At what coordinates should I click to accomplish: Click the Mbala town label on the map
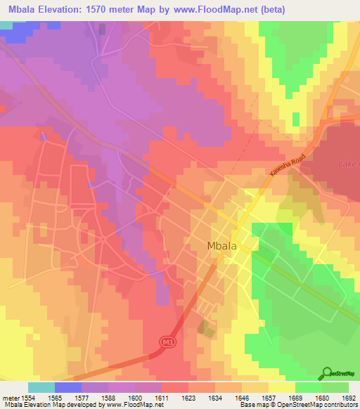coord(221,246)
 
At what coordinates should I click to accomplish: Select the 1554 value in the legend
coord(27,397)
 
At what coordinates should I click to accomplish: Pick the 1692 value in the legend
coord(347,397)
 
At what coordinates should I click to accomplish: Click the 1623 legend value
coord(187,397)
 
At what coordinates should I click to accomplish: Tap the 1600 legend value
coord(134,397)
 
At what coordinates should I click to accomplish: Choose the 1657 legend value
coord(267,397)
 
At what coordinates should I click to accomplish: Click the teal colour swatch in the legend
coord(41,387)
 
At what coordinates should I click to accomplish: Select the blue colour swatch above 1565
coord(67,387)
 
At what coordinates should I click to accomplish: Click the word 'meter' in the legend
coord(10,397)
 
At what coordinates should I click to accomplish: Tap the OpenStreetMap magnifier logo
coord(327,373)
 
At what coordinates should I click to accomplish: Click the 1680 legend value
coord(321,397)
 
